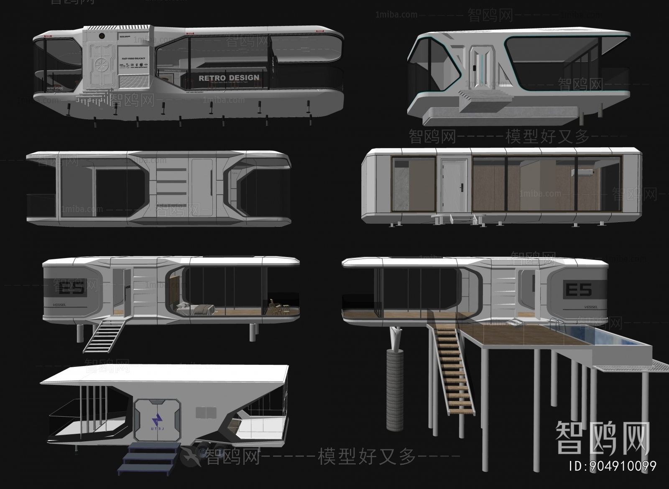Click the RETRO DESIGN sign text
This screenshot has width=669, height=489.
pos(229,78)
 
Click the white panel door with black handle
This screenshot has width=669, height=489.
pos(453,184)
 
